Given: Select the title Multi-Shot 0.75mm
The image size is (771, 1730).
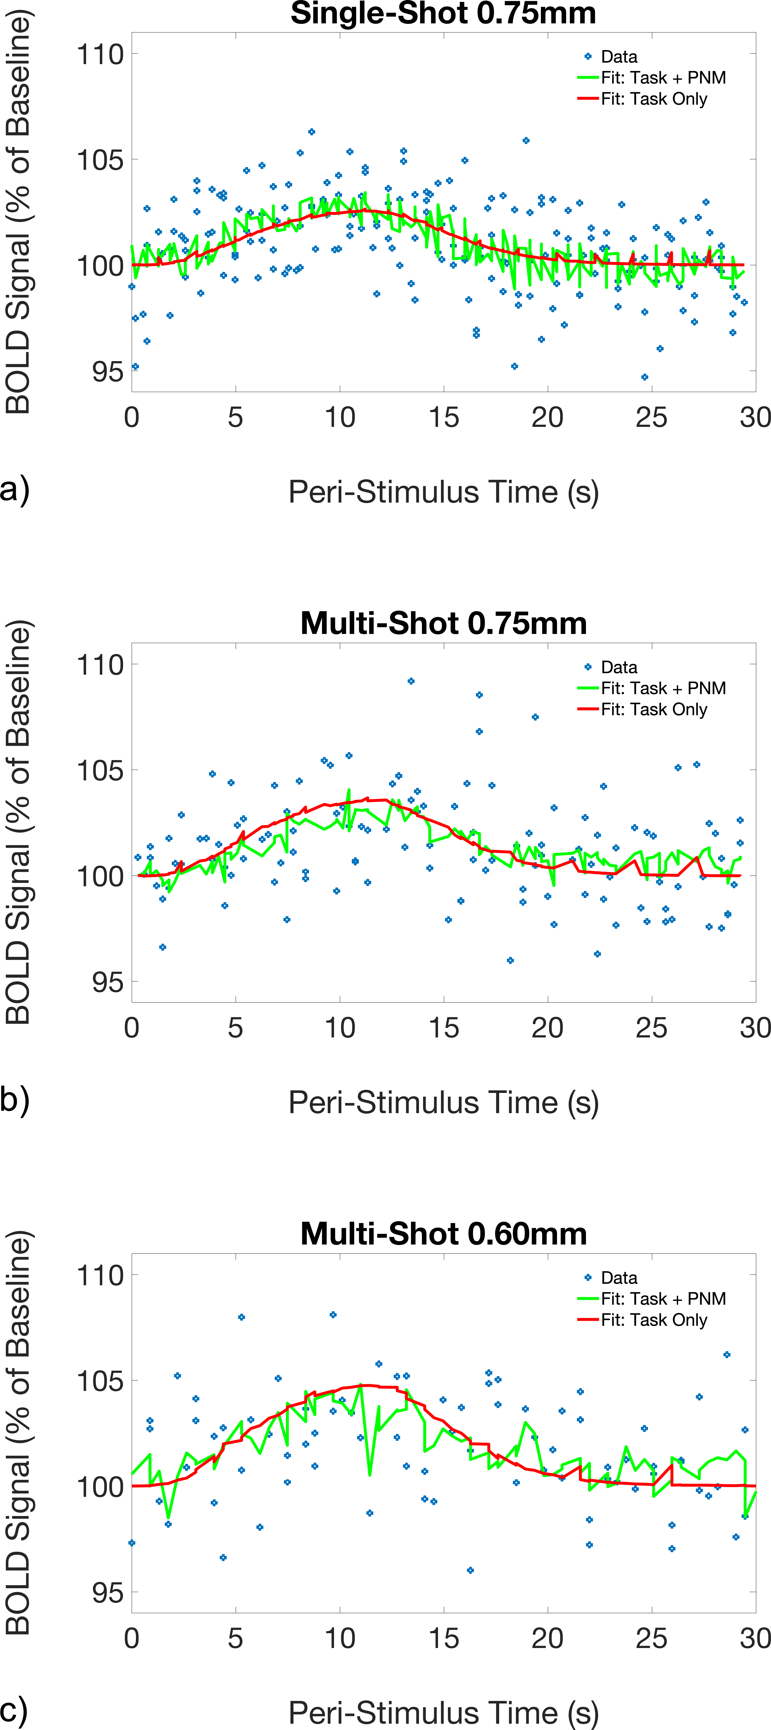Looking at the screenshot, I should click(x=443, y=623).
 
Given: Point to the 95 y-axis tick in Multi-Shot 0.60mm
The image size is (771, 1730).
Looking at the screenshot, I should click(x=107, y=1592).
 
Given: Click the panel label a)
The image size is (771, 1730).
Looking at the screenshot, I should click(x=15, y=488).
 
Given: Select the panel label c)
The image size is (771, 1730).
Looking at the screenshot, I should click(x=15, y=1709).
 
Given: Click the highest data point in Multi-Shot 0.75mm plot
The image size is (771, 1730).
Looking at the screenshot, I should click(x=411, y=681).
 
